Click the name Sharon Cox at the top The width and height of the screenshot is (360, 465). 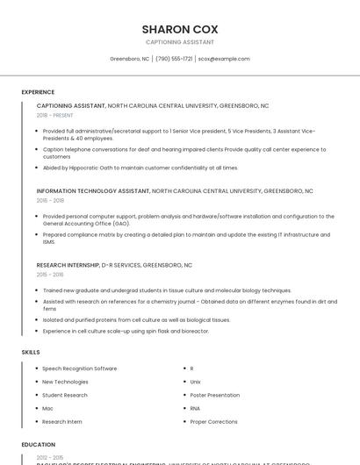coord(179,28)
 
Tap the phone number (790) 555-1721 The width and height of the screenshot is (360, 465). coord(174,59)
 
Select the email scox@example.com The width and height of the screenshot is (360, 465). coord(224,59)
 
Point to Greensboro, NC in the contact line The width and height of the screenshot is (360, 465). coord(129,59)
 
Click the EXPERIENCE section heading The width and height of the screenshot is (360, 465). coord(38,91)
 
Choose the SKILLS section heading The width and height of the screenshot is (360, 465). coord(31,352)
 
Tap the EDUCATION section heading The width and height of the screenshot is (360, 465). coord(39,445)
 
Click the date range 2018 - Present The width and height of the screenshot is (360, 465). coord(54,115)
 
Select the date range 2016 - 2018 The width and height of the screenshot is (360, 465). coord(50,200)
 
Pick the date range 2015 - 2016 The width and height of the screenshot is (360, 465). coord(50,275)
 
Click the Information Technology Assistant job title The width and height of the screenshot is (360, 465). coord(93,190)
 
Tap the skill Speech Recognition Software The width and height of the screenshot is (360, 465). coord(79,368)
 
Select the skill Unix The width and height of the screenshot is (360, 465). coord(195,382)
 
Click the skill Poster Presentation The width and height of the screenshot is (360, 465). coord(214,395)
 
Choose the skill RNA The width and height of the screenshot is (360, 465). coord(195,408)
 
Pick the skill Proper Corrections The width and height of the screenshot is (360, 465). coord(213,421)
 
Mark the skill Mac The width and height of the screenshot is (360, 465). coord(47,408)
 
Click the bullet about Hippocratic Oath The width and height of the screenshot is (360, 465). coord(140,168)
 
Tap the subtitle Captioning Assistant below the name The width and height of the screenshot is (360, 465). coord(179,42)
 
